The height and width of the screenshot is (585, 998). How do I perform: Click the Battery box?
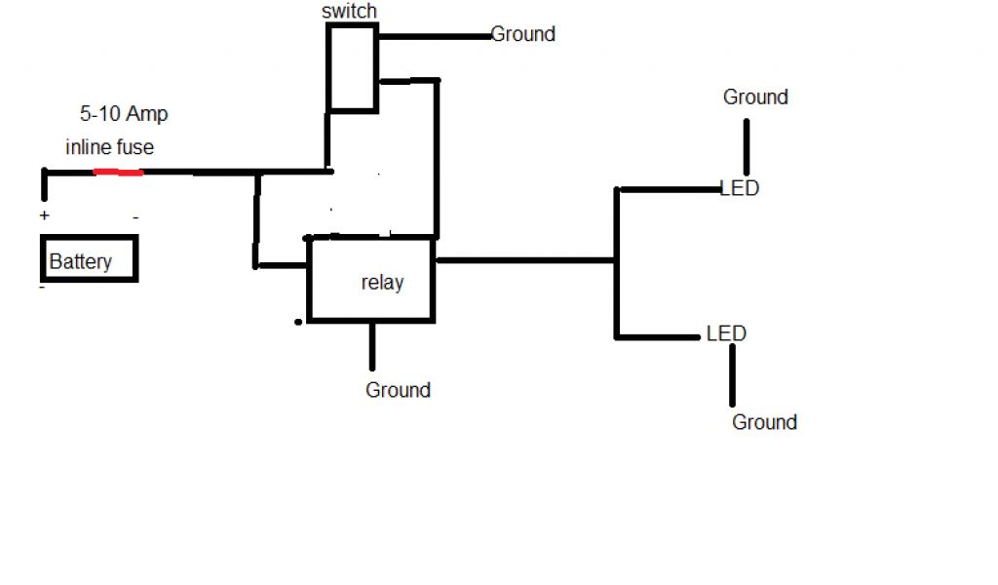[x=89, y=259]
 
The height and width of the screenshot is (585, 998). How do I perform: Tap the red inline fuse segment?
[x=118, y=173]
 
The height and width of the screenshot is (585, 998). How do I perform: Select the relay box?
[x=371, y=280]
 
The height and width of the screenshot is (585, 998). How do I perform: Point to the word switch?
[x=349, y=12]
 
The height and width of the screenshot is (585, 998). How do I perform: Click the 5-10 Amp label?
[x=124, y=114]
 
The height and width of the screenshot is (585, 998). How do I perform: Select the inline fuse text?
[x=110, y=147]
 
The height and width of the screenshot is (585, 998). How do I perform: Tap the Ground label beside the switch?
[x=523, y=34]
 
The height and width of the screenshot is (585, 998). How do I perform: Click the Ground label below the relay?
[x=398, y=390]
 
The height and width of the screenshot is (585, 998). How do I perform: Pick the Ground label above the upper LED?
[x=755, y=97]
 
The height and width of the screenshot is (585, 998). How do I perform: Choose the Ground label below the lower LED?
[x=764, y=422]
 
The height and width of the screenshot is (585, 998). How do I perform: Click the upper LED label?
[x=739, y=188]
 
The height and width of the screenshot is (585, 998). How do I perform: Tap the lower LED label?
[x=726, y=333]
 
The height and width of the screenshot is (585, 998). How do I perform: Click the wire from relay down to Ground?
[x=371, y=346]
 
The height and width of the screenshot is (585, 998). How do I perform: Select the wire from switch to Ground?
[x=434, y=37]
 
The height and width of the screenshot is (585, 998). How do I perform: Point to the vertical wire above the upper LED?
[x=748, y=146]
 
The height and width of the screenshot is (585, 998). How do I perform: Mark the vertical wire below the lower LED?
[x=732, y=375]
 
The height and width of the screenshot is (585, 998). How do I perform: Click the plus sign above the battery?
[x=44, y=215]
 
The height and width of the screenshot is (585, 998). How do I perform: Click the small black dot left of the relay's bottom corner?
[x=297, y=321]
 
